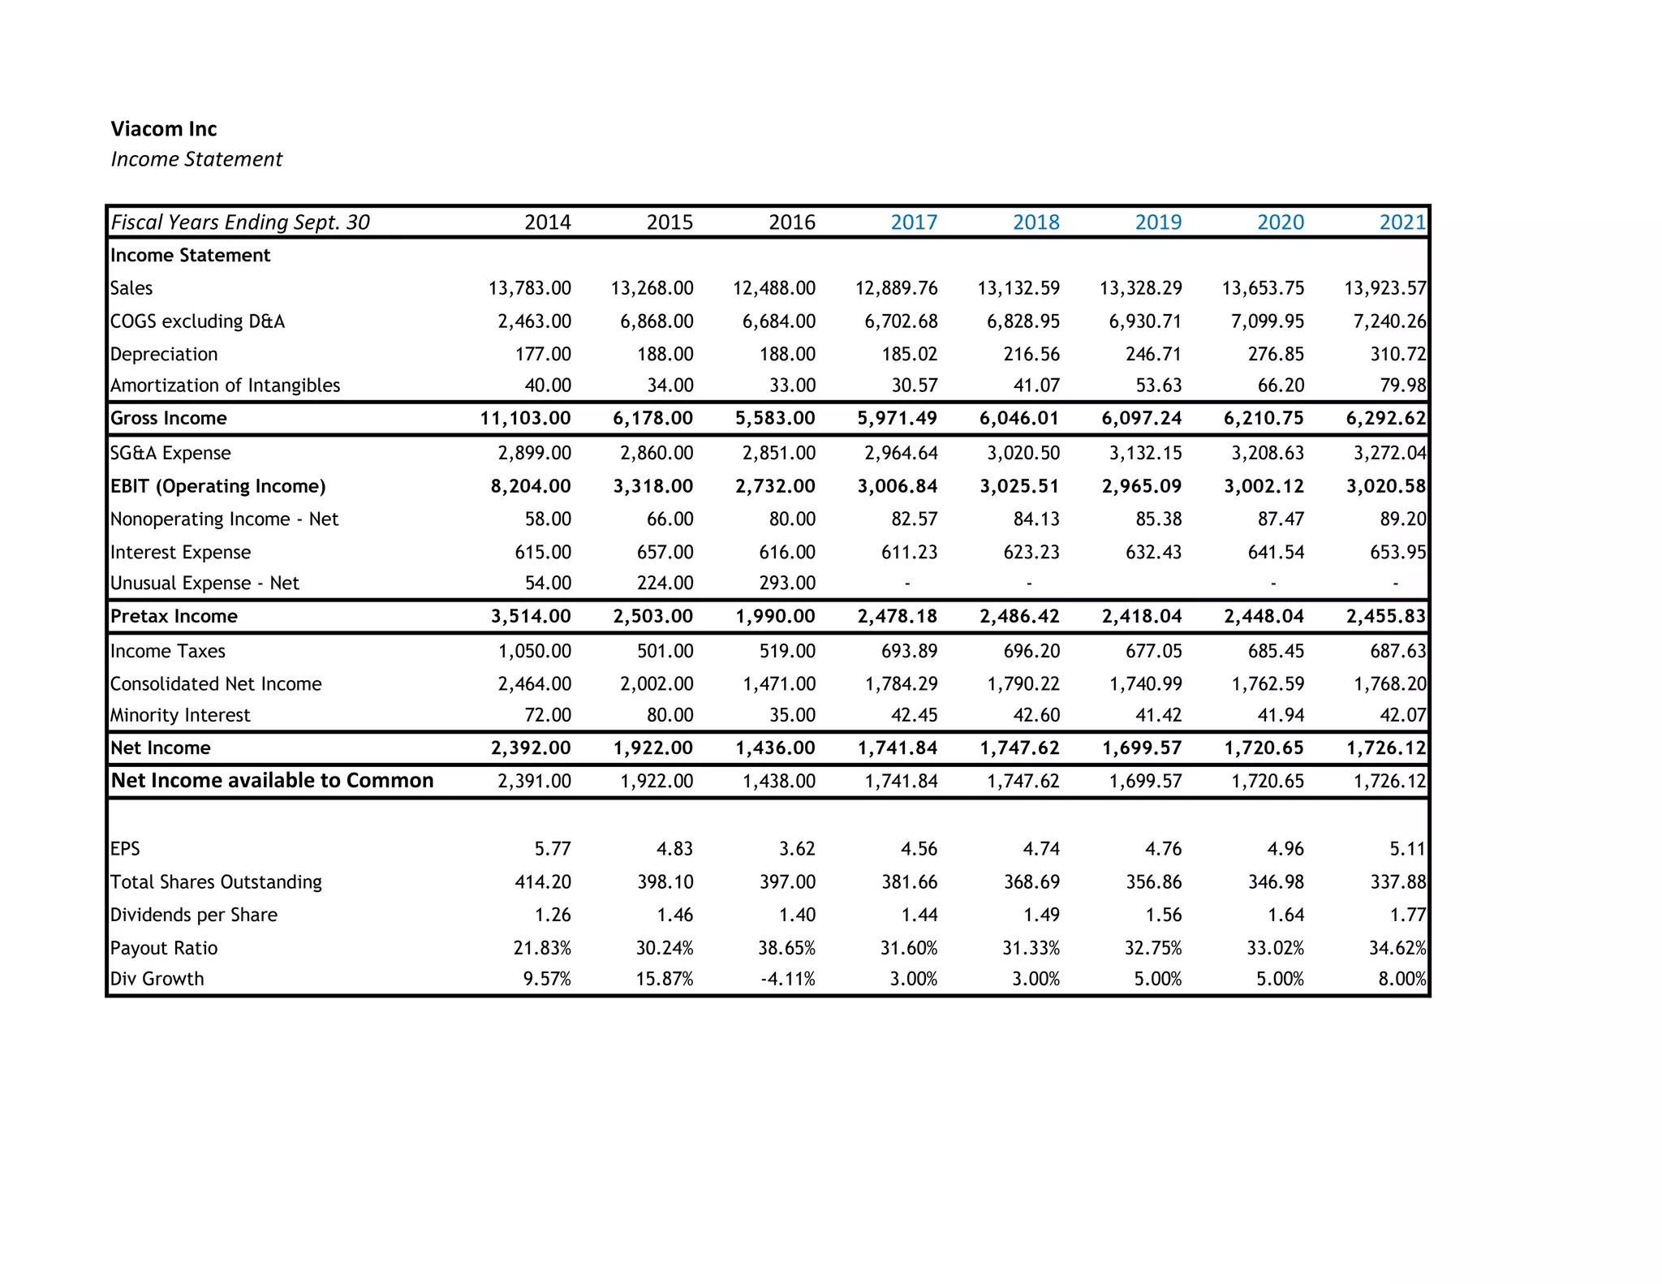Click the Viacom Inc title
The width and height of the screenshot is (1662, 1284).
[x=164, y=129]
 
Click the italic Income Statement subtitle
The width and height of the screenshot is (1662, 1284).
[x=196, y=159]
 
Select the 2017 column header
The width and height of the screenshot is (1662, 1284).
[x=914, y=222]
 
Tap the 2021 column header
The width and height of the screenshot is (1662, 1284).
[x=1402, y=222]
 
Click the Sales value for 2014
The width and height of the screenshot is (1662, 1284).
[x=530, y=288]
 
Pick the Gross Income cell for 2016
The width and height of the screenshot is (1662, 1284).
[x=775, y=418]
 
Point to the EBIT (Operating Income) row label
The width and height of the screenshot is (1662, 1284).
[x=217, y=486]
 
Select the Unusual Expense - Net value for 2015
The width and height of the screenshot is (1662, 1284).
[x=665, y=584]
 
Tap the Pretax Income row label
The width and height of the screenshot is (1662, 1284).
[x=174, y=616]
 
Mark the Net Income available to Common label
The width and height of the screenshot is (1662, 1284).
[x=272, y=781]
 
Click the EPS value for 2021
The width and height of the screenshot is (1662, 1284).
[x=1407, y=849]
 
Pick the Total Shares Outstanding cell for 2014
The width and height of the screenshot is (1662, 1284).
[x=543, y=882]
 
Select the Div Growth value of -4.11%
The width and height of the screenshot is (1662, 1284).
[x=788, y=979]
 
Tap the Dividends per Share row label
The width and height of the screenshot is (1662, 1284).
[x=194, y=915]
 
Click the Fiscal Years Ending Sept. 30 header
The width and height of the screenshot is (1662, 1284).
[x=240, y=222]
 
